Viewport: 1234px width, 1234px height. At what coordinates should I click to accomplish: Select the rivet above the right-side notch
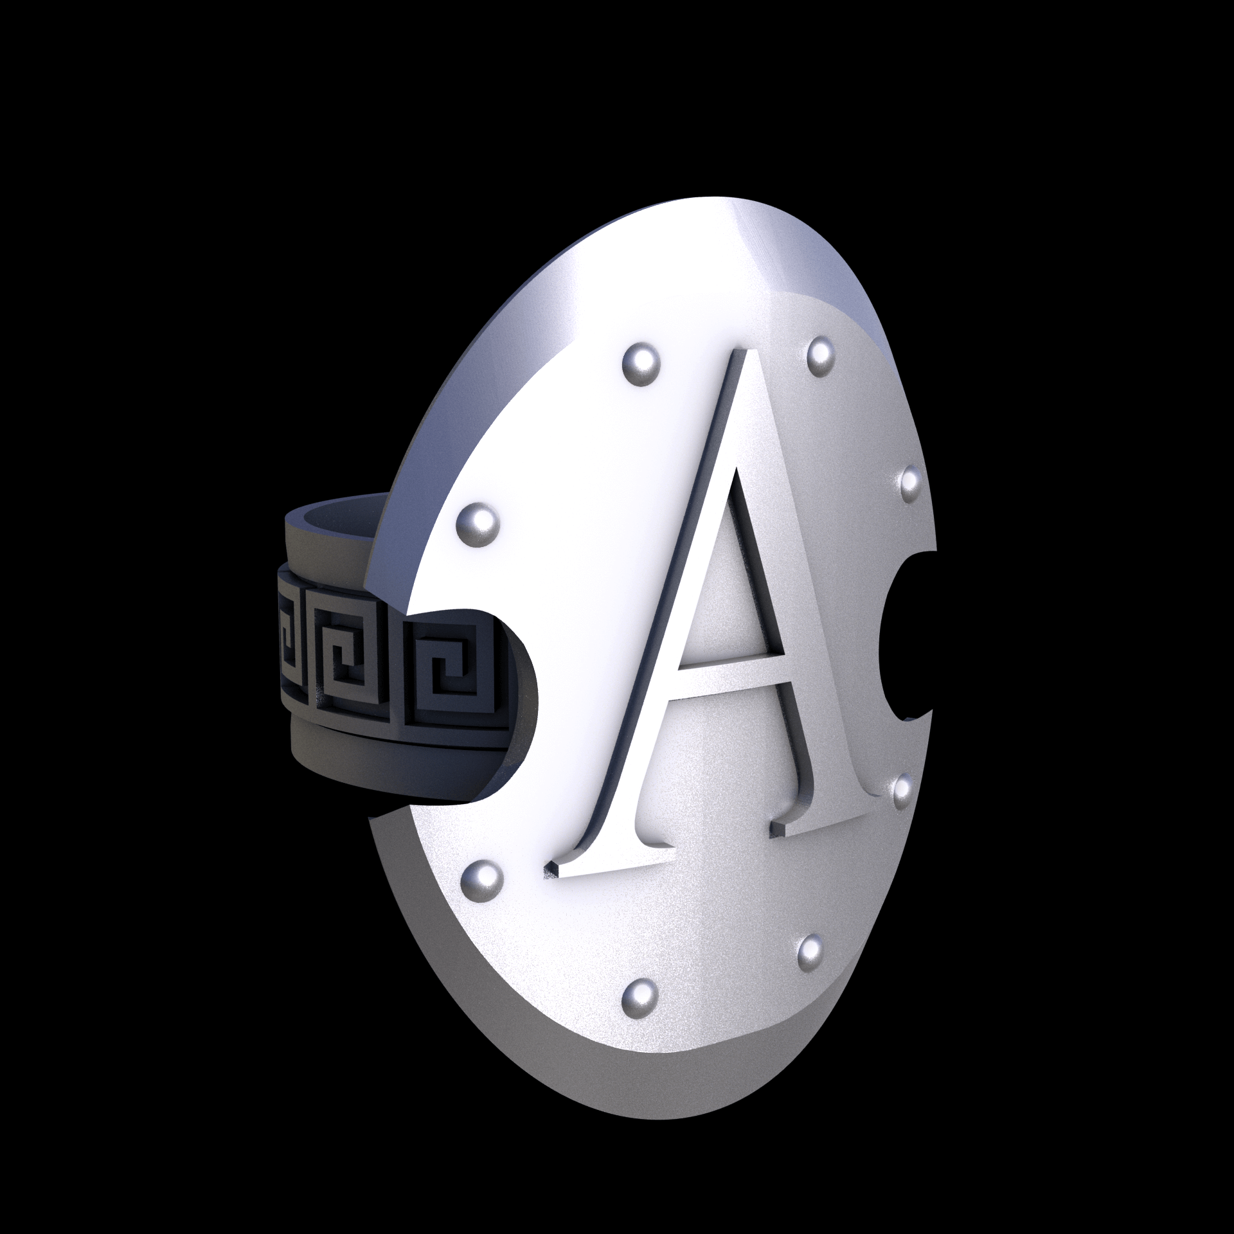911,484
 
